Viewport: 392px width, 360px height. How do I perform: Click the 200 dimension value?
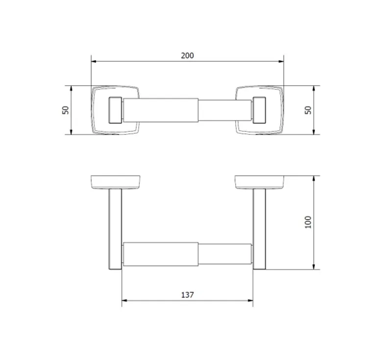(187, 55)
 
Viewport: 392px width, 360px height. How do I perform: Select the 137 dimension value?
(187, 295)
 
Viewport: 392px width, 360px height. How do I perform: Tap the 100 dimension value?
(308, 222)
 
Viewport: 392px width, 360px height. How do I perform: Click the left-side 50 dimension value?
(65, 110)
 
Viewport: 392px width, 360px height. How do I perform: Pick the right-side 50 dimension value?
(308, 110)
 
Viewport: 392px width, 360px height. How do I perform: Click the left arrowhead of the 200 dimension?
(94, 61)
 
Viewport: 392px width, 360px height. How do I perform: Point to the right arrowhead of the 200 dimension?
(281, 61)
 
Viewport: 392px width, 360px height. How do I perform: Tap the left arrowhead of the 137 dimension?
(124, 301)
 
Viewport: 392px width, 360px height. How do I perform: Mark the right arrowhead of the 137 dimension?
(250, 301)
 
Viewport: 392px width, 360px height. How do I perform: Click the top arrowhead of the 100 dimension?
(314, 179)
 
